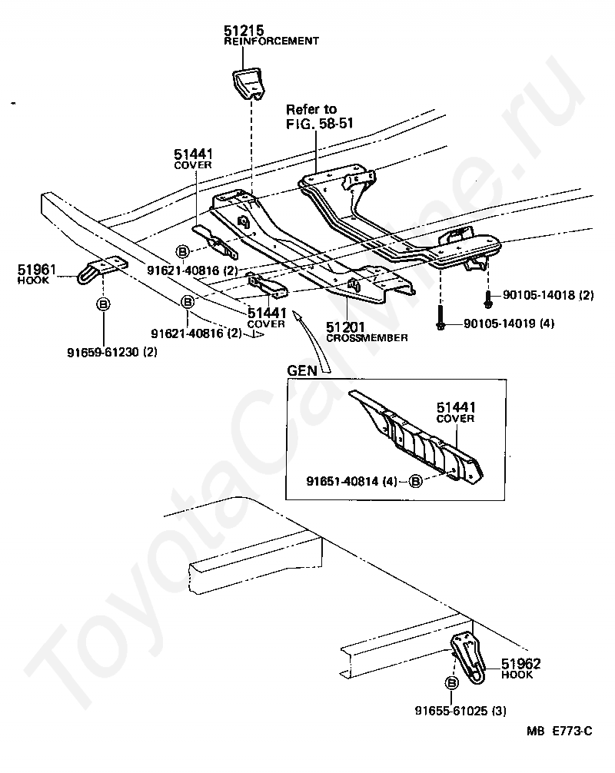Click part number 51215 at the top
[x=241, y=30]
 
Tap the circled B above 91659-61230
[x=103, y=305]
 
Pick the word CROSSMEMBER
[x=367, y=338]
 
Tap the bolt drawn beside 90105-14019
[x=440, y=318]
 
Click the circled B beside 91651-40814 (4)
[x=415, y=482]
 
